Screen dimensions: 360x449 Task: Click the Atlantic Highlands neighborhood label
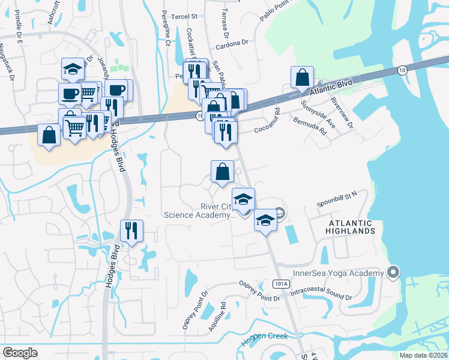[x=351, y=226]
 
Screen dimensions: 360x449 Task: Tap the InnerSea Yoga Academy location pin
[x=393, y=272]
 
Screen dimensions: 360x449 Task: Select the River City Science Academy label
[x=199, y=211]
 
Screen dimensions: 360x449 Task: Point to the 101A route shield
[x=280, y=283]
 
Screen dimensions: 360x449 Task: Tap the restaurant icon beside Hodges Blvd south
[x=131, y=231]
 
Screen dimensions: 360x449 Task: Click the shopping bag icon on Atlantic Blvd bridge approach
[x=302, y=77]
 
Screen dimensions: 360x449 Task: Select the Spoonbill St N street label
[x=337, y=196]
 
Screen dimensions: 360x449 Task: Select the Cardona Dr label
[x=232, y=44]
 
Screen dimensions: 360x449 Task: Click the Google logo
[x=20, y=352]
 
